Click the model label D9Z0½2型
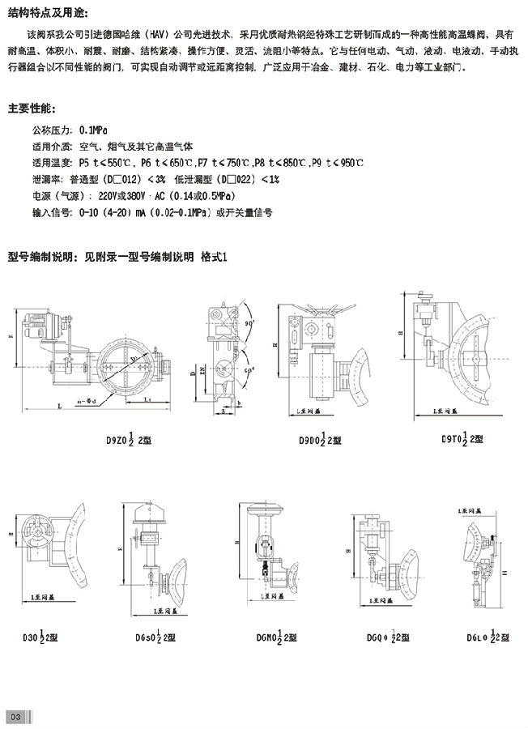(129, 441)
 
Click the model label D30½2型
(33, 637)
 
